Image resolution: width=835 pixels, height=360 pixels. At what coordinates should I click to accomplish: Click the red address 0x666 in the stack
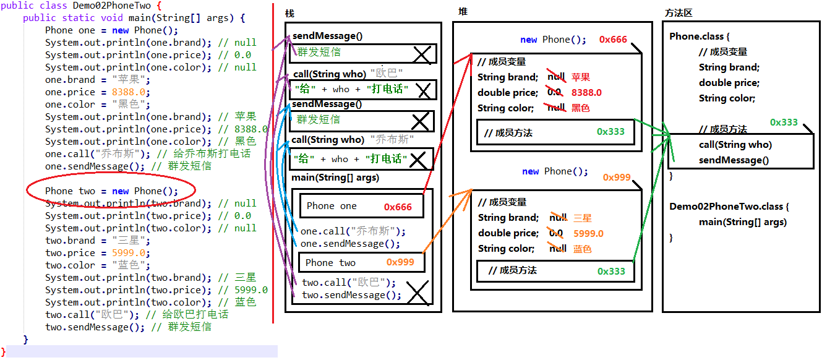(x=398, y=207)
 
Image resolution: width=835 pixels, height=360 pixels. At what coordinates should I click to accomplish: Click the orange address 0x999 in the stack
(x=400, y=262)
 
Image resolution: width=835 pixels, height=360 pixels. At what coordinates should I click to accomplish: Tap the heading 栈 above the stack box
(x=289, y=14)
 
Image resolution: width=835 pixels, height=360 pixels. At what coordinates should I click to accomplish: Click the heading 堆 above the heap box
(x=463, y=12)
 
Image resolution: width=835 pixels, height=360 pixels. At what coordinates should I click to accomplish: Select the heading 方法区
(x=678, y=12)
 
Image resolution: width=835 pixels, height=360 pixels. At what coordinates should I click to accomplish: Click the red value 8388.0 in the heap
(x=586, y=93)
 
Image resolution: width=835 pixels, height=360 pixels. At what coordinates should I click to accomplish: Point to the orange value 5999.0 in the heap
(x=588, y=233)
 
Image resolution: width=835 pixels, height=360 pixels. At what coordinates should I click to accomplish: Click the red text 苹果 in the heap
(x=581, y=77)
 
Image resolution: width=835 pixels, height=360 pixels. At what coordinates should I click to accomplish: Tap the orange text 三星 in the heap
(x=583, y=218)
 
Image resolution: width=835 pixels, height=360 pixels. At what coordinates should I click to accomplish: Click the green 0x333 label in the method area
(x=784, y=122)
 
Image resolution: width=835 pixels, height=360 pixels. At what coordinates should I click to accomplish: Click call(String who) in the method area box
(x=735, y=145)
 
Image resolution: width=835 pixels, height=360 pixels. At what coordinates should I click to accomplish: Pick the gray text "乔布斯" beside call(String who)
(x=392, y=140)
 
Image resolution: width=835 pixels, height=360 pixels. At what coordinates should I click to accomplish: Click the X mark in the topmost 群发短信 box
(x=422, y=55)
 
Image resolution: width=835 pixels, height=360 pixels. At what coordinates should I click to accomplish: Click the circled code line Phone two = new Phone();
(x=111, y=191)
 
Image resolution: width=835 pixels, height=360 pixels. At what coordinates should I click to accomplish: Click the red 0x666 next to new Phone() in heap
(x=613, y=40)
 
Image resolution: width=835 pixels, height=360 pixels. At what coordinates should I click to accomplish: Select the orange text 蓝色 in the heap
(x=582, y=249)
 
